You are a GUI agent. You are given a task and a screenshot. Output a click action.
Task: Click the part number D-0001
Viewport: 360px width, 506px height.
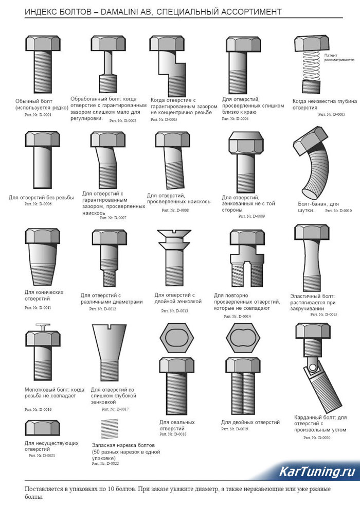[38, 115]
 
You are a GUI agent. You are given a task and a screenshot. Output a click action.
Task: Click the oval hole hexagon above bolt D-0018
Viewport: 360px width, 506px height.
[176, 338]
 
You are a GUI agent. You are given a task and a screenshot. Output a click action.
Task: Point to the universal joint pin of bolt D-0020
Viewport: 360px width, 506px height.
[312, 367]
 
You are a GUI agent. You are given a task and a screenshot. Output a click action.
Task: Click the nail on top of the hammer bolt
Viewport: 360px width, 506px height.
[43, 327]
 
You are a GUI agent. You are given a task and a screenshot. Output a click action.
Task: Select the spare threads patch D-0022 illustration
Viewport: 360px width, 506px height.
[110, 429]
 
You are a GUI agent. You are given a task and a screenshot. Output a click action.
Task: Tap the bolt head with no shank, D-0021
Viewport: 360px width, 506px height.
[43, 428]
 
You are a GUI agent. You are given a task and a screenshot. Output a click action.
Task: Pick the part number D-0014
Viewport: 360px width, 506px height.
[237, 317]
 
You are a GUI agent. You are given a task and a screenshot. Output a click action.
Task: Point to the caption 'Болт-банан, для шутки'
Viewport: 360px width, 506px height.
[318, 207]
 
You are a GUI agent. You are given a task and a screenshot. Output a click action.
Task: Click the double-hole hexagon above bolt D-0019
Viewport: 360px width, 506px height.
[243, 338]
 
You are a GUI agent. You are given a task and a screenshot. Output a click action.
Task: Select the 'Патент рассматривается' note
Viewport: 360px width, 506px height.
[339, 58]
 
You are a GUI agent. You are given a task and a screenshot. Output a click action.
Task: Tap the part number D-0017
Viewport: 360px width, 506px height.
[115, 409]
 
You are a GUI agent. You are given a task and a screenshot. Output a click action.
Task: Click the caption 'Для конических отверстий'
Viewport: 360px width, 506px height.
[44, 295]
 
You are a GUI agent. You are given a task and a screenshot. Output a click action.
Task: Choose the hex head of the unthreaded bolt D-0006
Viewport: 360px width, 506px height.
[43, 139]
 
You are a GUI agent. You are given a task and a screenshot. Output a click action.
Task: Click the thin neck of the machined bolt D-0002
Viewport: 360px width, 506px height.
[107, 63]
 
